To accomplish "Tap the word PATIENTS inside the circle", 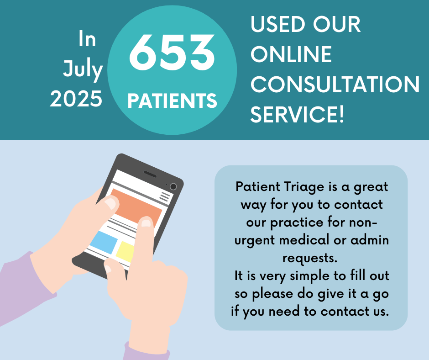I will tap(172, 101).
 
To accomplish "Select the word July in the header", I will tap(83, 69).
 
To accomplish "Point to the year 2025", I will tap(76, 99).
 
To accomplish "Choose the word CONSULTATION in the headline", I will tap(335, 85).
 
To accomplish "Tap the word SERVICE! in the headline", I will tap(297, 115).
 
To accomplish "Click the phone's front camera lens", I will tap(173, 187).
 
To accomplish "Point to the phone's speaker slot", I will tap(150, 175).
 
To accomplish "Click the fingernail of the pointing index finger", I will tap(146, 222).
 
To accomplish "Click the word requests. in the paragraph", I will tap(310, 258).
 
